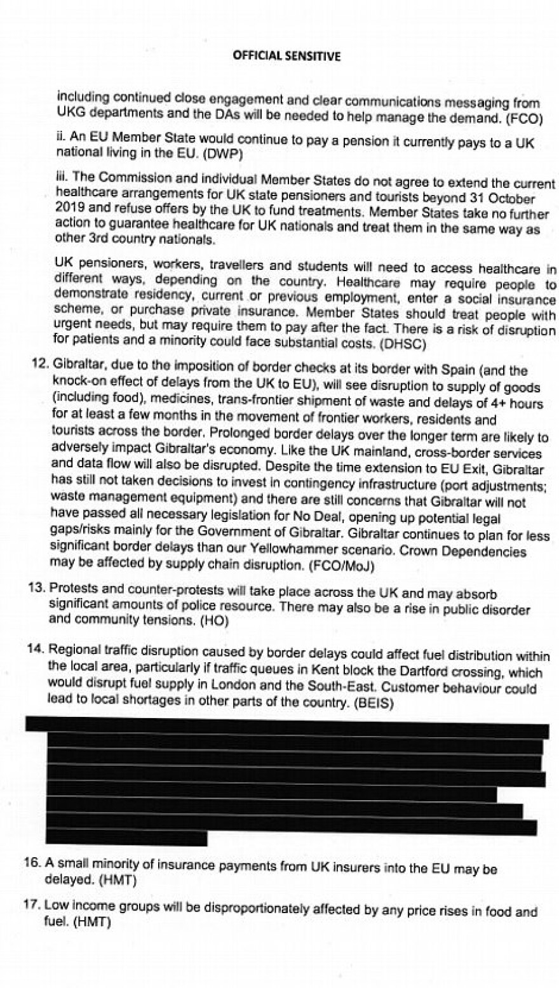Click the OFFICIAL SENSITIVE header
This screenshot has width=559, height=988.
[286, 56]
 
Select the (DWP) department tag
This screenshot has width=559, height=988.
[224, 154]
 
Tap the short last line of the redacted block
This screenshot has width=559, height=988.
[127, 838]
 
